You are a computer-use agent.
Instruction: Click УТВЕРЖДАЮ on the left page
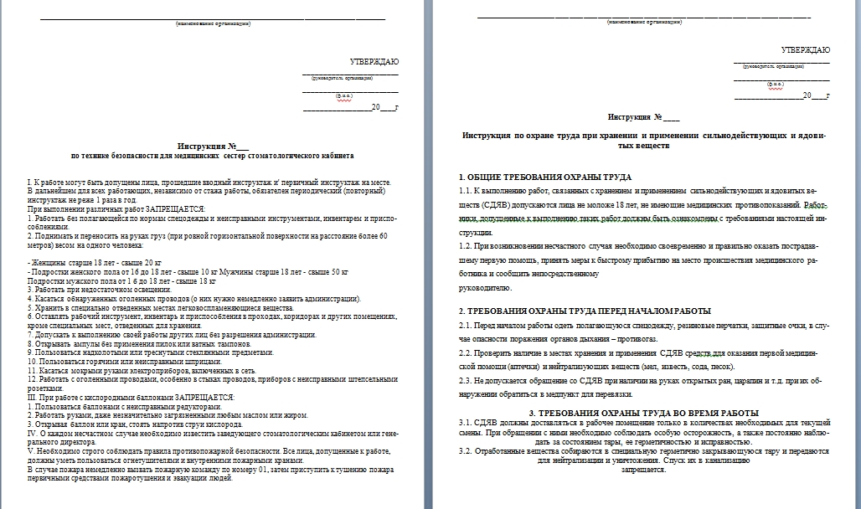click(374, 62)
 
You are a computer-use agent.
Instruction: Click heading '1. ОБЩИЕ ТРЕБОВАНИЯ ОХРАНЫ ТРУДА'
click(545, 177)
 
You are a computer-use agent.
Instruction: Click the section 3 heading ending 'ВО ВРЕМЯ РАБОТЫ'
click(644, 413)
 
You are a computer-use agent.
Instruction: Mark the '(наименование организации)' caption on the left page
click(213, 23)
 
